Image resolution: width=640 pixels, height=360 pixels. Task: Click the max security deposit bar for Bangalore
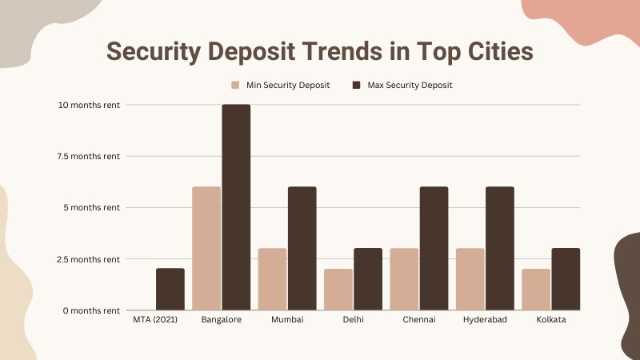tap(236, 207)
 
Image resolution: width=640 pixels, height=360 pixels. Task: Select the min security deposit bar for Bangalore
tap(206, 248)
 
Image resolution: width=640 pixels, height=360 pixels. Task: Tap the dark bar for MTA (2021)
tap(170, 289)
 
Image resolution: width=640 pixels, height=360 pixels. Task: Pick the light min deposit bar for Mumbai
tap(272, 279)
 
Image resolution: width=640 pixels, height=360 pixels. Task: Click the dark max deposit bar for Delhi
tap(368, 279)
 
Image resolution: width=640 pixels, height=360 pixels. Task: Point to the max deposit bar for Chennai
tap(434, 248)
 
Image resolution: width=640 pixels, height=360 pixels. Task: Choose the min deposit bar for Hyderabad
tap(470, 279)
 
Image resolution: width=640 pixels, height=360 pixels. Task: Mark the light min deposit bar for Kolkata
tap(535, 290)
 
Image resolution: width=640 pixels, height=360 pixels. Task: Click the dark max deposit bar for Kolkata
tap(566, 279)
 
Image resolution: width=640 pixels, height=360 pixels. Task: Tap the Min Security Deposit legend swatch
tap(235, 85)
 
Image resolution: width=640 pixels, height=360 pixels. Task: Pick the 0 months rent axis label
tap(90, 310)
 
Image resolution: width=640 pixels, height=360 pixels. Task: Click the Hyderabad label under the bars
tap(485, 320)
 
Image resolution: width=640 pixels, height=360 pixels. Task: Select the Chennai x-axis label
tap(419, 320)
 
